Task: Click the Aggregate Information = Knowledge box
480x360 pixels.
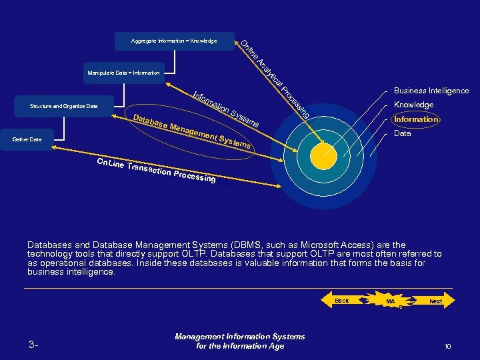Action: point(175,41)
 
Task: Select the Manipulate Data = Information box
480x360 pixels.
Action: point(123,73)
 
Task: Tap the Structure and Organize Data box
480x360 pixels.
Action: point(64,106)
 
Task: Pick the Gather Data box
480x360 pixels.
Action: point(27,140)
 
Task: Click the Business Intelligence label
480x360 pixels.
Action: point(431,91)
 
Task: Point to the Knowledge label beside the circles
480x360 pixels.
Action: point(413,105)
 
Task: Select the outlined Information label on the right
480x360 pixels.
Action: point(415,119)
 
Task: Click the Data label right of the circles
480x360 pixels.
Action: point(402,133)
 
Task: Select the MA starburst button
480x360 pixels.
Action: point(391,302)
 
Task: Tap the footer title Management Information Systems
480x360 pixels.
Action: point(239,337)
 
